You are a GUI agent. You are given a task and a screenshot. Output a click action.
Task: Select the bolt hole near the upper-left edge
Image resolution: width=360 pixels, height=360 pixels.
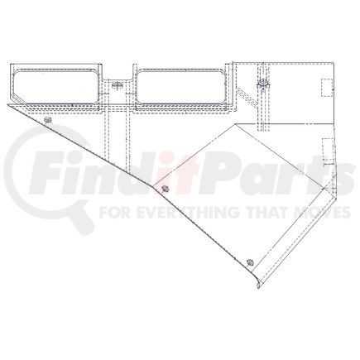(48, 122)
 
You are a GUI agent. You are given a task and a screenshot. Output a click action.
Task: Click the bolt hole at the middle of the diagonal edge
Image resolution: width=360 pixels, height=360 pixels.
(166, 190)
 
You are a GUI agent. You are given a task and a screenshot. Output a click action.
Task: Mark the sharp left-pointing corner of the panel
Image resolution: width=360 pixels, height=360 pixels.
(8, 105)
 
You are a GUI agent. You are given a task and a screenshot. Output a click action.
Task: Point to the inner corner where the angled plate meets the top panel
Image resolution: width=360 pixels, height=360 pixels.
(239, 124)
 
